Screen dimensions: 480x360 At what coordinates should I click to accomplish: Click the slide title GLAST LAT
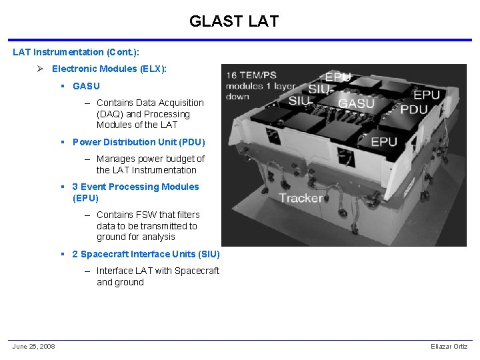[233, 21]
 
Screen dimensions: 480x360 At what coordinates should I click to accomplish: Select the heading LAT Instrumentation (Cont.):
[77, 52]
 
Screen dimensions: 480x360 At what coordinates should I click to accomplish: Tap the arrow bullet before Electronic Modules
[41, 69]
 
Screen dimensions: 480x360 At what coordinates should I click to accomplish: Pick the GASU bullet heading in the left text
[86, 86]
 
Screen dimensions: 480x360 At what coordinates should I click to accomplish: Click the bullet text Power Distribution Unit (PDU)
[139, 142]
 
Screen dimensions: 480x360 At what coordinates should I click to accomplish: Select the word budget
[177, 159]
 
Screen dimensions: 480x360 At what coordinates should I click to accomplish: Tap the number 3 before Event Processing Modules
[75, 187]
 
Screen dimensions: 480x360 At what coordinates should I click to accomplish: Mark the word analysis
[159, 237]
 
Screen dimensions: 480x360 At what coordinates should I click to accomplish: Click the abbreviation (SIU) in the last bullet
[206, 254]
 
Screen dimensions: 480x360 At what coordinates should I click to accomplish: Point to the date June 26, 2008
[33, 346]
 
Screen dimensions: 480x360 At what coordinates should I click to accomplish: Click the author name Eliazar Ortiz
[449, 346]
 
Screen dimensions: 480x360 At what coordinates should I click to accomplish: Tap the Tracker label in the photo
[301, 198]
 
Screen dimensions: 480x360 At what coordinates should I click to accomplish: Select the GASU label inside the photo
[356, 103]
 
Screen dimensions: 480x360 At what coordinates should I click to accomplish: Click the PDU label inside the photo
[414, 110]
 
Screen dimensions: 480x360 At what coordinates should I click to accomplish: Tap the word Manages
[115, 159]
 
